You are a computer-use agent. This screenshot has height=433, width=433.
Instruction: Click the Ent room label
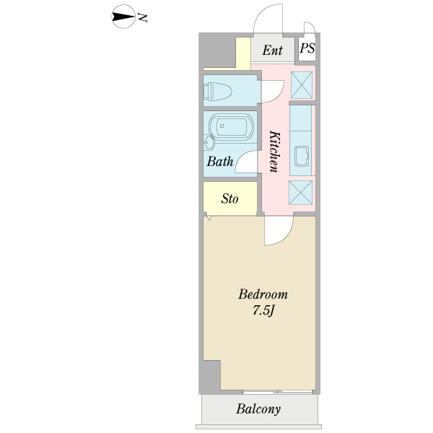coord(272,51)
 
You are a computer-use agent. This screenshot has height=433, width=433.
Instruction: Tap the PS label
coord(307,48)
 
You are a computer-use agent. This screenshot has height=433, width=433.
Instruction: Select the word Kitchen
coord(275,152)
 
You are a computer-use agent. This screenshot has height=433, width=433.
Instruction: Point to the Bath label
coord(220,161)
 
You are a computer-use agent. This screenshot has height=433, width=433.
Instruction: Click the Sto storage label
coord(229,198)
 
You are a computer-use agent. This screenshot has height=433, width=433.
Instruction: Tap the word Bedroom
coord(263,294)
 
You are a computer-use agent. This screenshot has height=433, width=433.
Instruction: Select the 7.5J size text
coord(263,311)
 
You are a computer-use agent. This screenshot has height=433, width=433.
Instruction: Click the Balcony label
coord(258,409)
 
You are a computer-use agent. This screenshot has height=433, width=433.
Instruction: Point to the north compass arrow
coord(123,17)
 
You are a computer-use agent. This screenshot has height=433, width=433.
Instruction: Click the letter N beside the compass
coord(142,17)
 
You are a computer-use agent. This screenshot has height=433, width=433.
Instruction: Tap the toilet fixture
coord(217,91)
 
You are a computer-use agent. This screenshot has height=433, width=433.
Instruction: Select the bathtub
coord(232,127)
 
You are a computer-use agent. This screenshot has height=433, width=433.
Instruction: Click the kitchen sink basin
coord(301,156)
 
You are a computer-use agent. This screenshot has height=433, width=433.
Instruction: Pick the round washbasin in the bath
coord(209,143)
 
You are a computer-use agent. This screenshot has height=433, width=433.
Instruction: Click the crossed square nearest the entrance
coord(302,85)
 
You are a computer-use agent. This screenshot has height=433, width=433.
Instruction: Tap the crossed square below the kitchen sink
coord(300,193)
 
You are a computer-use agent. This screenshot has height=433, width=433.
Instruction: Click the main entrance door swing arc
coord(260,11)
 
